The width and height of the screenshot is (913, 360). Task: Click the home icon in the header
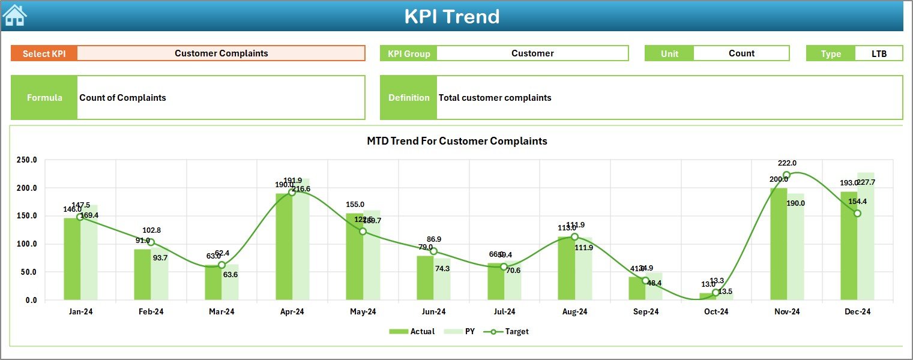coord(14,15)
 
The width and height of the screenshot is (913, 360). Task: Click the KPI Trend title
coord(451,16)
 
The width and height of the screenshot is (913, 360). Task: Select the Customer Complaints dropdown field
coord(221,53)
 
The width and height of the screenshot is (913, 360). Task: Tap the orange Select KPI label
coord(44,53)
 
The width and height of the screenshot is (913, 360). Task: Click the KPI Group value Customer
coord(532,53)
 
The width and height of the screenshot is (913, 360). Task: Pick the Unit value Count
coord(741,53)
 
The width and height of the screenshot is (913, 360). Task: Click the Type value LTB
coord(879,53)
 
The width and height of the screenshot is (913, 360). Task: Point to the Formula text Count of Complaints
coord(123,98)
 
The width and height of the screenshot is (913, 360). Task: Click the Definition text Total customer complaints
coord(495,98)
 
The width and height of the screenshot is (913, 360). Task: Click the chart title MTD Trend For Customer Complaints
coord(457,141)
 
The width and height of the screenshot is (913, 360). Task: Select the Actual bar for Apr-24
coord(284,246)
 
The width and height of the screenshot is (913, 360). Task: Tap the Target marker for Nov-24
coord(786,175)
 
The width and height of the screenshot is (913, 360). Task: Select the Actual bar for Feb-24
coord(142,274)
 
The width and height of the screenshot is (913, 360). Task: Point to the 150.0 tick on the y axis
coord(26,216)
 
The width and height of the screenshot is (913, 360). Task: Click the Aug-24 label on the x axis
coord(574,312)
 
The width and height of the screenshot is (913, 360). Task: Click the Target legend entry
coord(510,331)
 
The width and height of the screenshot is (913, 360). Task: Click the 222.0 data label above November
coord(786,163)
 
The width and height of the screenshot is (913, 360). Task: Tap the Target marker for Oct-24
coord(716,292)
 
